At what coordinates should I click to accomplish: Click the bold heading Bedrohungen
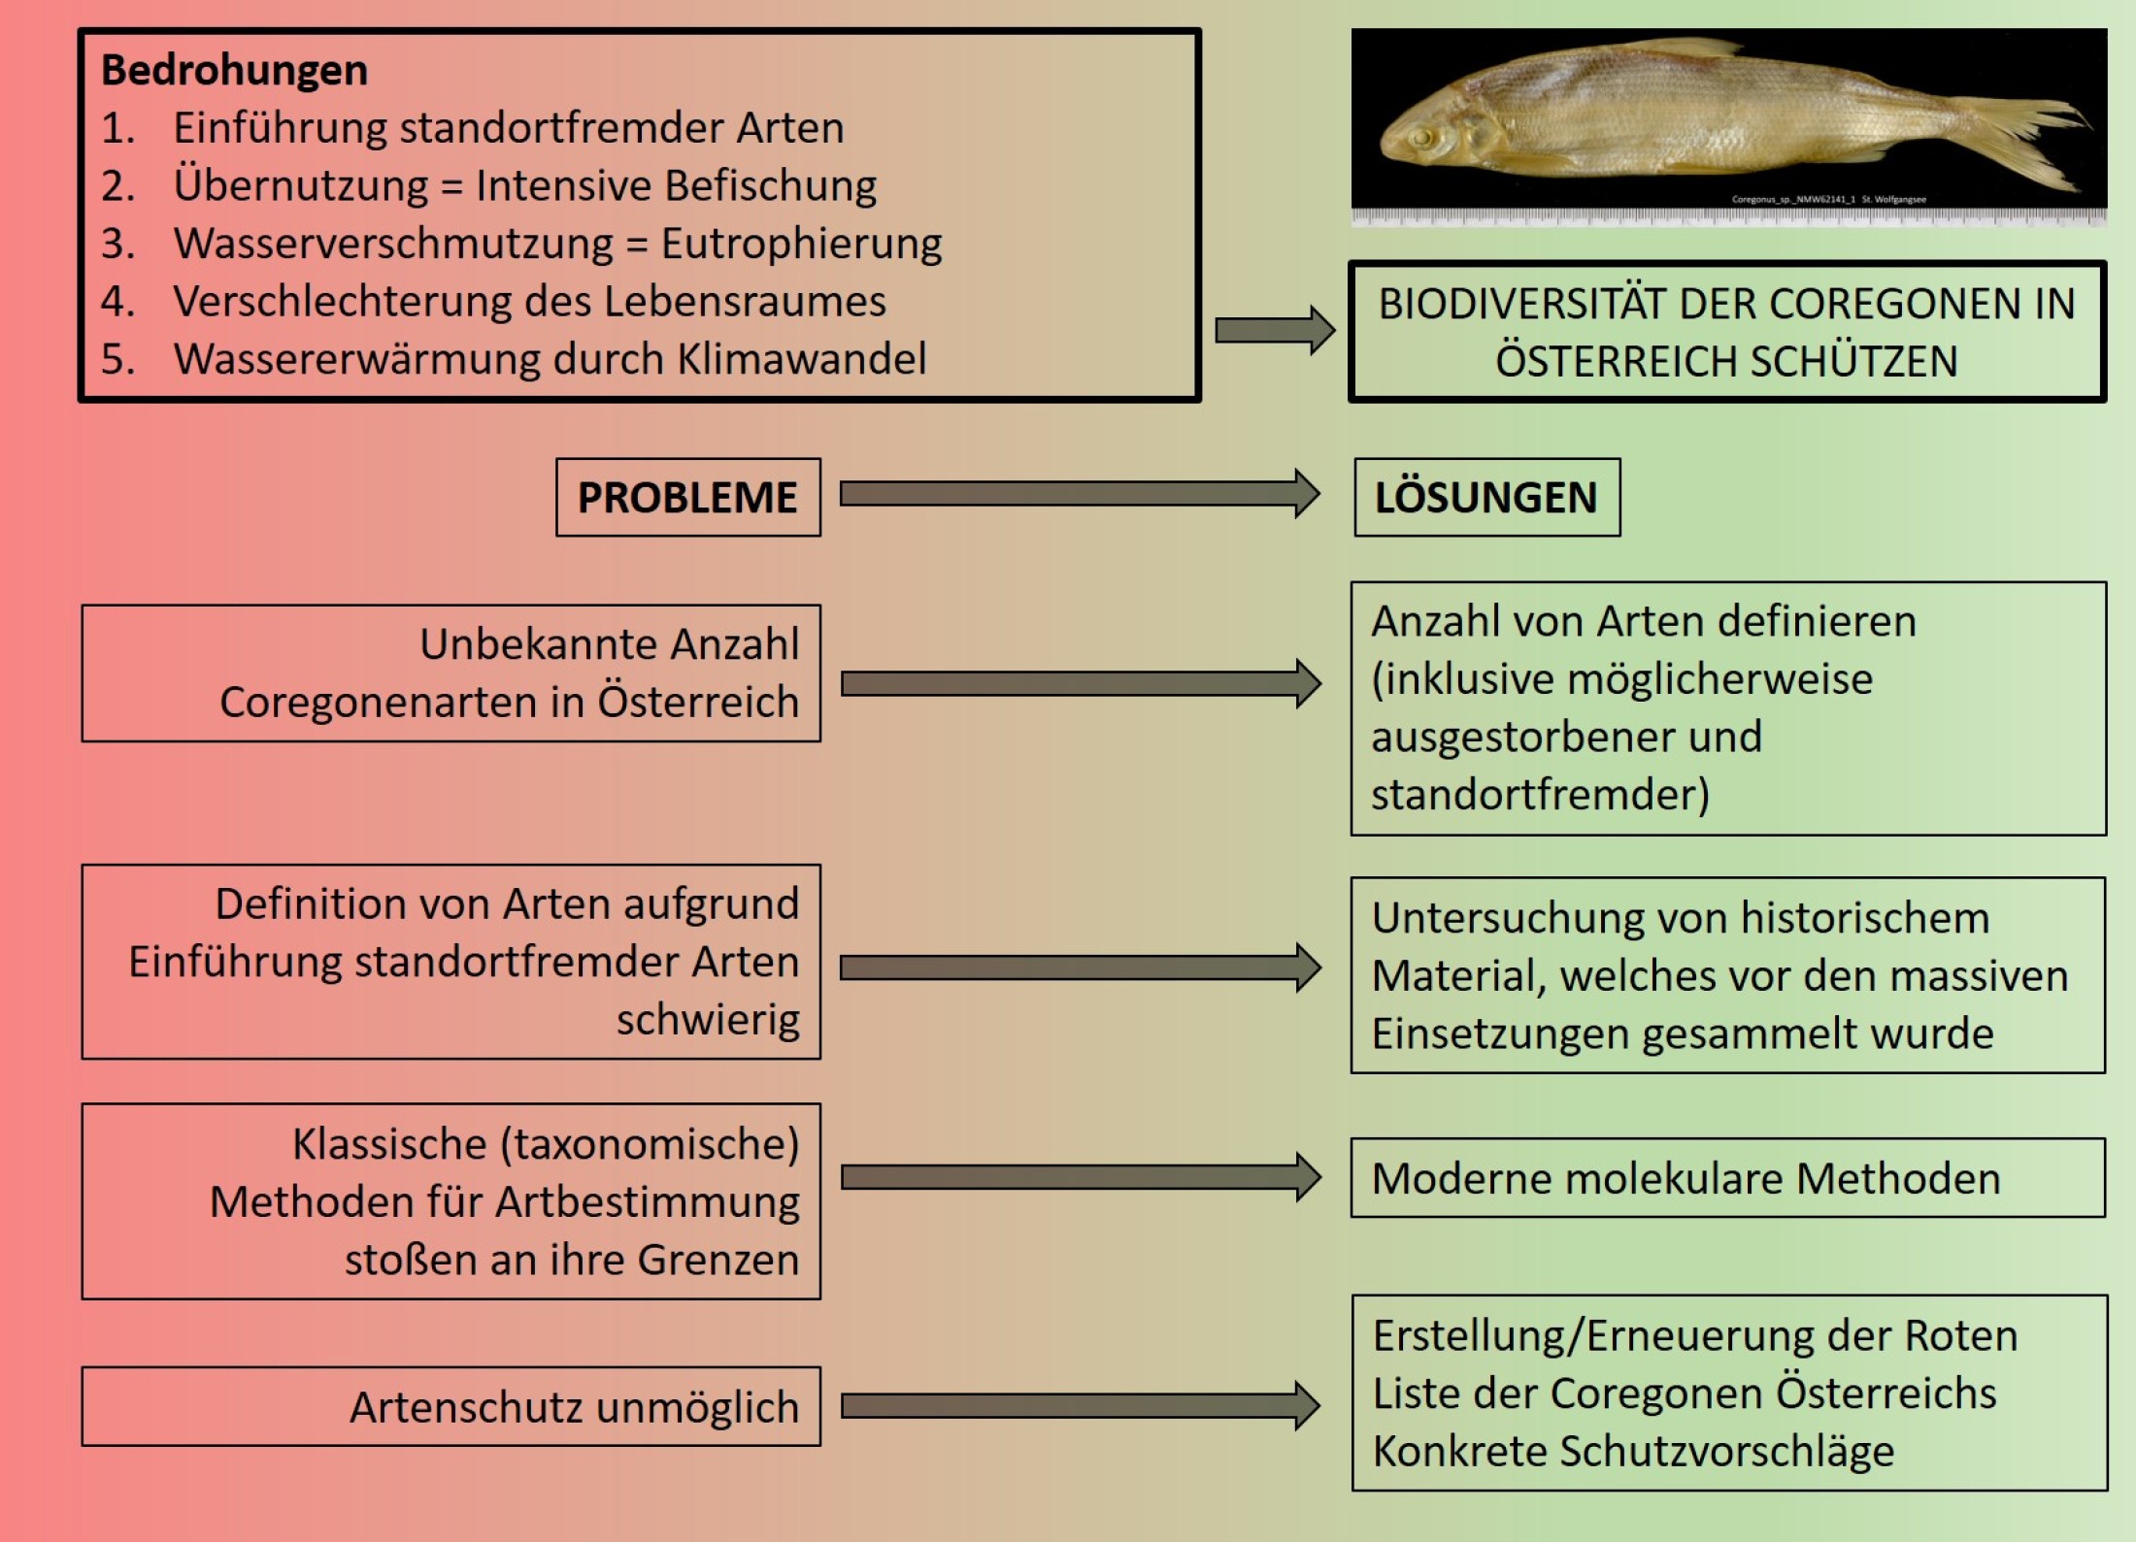coord(234,70)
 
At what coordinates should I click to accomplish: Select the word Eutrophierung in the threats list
coord(801,243)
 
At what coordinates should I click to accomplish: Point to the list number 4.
coord(117,301)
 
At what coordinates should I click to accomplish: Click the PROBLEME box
coord(687,497)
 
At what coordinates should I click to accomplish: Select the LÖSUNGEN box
coord(1486,497)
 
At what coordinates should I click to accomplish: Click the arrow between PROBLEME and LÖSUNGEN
coord(1078,494)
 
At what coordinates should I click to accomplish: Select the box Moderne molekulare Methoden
coord(1727,1178)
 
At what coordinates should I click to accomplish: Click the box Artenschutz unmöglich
coord(451,1406)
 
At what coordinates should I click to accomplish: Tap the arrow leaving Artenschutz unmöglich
coord(1078,1405)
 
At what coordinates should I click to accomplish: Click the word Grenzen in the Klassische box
coord(718,1259)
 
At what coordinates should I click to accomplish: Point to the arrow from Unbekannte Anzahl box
coord(1078,683)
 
